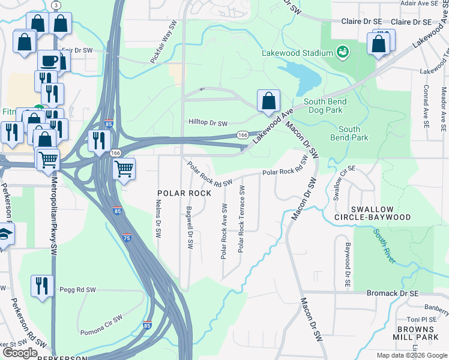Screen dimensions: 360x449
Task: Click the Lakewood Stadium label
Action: (x=297, y=53)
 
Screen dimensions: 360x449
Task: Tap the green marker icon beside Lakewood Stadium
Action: (x=343, y=52)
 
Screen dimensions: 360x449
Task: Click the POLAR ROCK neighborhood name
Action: (x=184, y=193)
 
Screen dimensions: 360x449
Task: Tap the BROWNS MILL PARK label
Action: (x=423, y=334)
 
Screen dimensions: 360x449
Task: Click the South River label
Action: (x=385, y=246)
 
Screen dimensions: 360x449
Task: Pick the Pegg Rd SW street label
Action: (x=77, y=290)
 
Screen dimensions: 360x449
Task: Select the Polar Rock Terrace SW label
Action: (x=242, y=219)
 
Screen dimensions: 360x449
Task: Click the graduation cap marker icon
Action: (x=5, y=236)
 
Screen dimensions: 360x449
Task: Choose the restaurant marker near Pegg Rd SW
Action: (x=41, y=286)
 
